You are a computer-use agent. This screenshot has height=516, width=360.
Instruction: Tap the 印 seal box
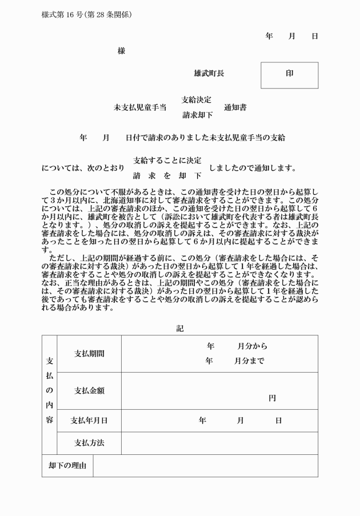coord(289,75)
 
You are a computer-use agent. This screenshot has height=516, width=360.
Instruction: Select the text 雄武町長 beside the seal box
coord(209,74)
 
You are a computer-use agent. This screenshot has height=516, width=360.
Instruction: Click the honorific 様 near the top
coord(121,51)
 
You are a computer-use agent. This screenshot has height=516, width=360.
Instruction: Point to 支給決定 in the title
coord(197,100)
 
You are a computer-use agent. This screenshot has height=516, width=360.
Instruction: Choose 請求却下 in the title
coord(197,115)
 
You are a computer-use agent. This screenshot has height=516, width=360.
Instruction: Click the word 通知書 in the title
coord(235,107)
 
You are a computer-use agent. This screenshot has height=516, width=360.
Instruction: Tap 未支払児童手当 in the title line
coord(140,107)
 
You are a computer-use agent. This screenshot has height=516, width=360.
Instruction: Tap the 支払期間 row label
coord(89,354)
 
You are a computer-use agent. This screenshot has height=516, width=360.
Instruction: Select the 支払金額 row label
coord(89,391)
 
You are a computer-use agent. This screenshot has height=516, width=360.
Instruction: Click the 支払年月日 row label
coord(89,421)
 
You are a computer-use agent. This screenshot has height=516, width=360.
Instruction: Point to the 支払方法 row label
coord(89,443)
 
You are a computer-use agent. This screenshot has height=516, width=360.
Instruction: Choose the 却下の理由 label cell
coord(67,466)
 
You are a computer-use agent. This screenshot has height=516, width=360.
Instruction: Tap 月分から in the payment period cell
coord(252,346)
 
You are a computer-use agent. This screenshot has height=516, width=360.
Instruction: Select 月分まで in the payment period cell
coord(249,361)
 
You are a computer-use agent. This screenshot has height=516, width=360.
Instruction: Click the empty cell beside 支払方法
coord(219,443)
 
